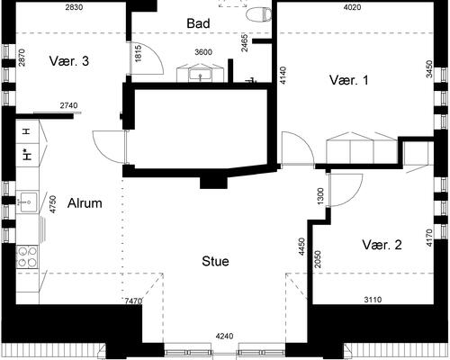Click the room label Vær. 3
pyautogui.click(x=69, y=61)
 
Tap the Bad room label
pyautogui.click(x=198, y=23)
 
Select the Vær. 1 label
pyautogui.click(x=348, y=80)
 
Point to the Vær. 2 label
pyautogui.click(x=382, y=245)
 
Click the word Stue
pyautogui.click(x=215, y=261)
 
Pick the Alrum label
pyautogui.click(x=85, y=203)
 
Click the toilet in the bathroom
pyautogui.click(x=258, y=14)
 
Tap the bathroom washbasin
pyautogui.click(x=200, y=75)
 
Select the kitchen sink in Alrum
pyautogui.click(x=27, y=202)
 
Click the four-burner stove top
pyautogui.click(x=27, y=256)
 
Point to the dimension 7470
pyautogui.click(x=133, y=301)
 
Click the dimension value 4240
pyautogui.click(x=224, y=337)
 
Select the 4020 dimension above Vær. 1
pyautogui.click(x=352, y=7)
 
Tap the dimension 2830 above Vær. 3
pyautogui.click(x=74, y=7)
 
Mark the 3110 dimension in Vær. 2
pyautogui.click(x=373, y=299)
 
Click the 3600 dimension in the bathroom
pyautogui.click(x=203, y=52)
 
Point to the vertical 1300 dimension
pyautogui.click(x=320, y=196)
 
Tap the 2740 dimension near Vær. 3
pyautogui.click(x=68, y=105)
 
